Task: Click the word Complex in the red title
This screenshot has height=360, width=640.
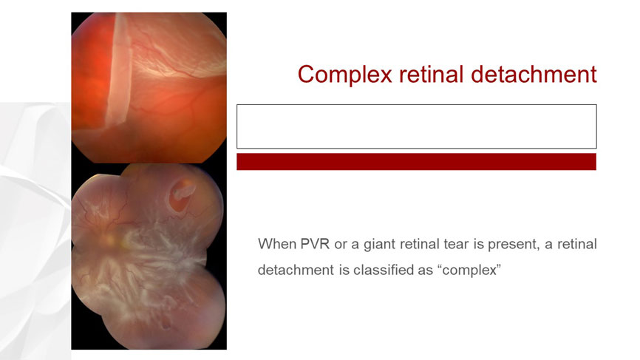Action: coord(345,75)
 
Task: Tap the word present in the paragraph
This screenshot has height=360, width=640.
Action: coord(514,245)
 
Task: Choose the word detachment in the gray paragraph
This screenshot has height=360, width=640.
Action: coord(296,271)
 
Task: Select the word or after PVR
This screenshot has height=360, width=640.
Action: coord(341,245)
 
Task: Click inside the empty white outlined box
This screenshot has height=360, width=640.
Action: coord(416,126)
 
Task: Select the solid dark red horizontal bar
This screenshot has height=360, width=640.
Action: coord(416,162)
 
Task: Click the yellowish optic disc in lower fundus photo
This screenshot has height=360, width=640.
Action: coord(110,240)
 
